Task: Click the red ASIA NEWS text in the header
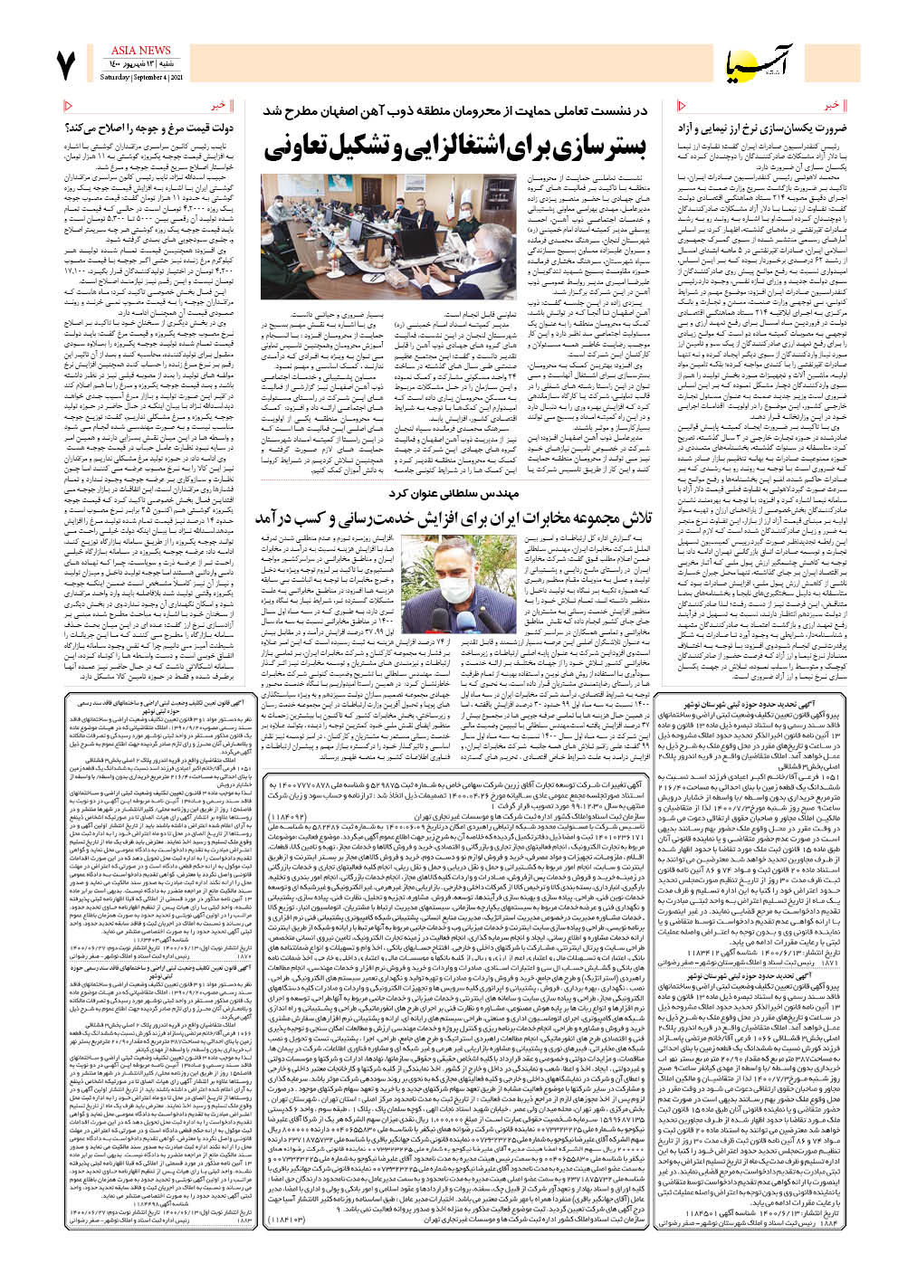pyautogui.click(x=140, y=51)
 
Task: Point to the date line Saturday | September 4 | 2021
pyautogui.click(x=139, y=77)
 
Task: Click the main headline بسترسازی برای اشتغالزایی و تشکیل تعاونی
pyautogui.click(x=456, y=147)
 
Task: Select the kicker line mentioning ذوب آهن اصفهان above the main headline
pyautogui.click(x=456, y=110)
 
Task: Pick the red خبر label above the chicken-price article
pyautogui.click(x=219, y=106)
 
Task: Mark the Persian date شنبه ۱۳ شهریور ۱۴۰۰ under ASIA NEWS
pyautogui.click(x=140, y=65)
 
